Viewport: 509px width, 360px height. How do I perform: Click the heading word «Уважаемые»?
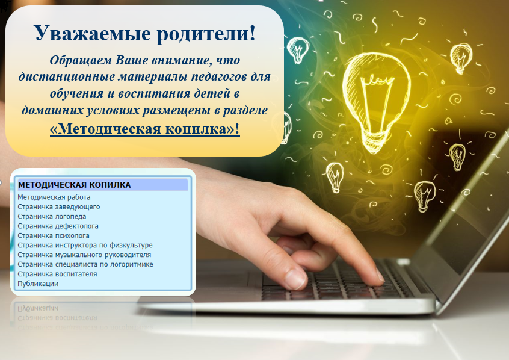[x=93, y=33]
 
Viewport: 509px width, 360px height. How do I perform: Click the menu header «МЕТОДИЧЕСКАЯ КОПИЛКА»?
[x=75, y=185]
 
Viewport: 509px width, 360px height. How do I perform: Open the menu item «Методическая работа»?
[x=54, y=197]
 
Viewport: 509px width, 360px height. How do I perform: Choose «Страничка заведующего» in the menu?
[x=59, y=207]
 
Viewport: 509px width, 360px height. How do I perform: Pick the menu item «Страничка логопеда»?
[x=52, y=216]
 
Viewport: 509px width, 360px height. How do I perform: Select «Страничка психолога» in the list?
[x=53, y=235]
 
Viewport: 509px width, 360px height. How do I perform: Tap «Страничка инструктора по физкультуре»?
[x=85, y=245]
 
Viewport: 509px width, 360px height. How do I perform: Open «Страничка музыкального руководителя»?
[x=84, y=255]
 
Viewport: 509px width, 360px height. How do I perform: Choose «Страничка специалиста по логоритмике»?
[x=85, y=264]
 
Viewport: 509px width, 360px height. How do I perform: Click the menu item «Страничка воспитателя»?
[x=57, y=274]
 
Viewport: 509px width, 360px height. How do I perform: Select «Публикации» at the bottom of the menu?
[x=38, y=284]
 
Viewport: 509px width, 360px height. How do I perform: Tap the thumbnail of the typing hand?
[x=295, y=279]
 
